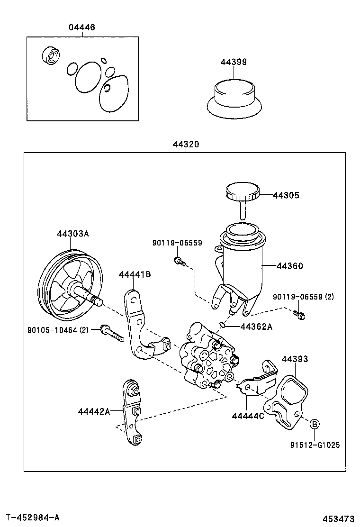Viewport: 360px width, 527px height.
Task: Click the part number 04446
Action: tap(81, 27)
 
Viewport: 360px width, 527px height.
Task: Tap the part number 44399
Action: tap(234, 62)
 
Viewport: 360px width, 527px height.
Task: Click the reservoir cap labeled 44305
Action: tap(242, 194)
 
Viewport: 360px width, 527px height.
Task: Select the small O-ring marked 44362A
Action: tap(223, 325)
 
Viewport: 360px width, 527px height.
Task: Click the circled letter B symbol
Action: tap(315, 424)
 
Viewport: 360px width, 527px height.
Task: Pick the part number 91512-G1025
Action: tap(315, 445)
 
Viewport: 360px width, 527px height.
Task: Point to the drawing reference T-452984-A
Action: tap(33, 517)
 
